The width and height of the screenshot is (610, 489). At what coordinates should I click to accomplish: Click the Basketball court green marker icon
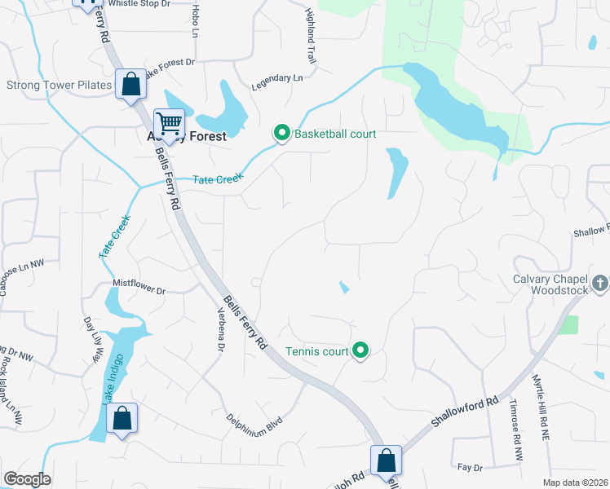click(x=281, y=133)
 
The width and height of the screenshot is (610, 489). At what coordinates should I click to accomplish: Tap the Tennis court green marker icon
click(x=360, y=352)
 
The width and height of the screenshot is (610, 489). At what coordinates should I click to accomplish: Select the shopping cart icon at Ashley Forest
click(x=169, y=124)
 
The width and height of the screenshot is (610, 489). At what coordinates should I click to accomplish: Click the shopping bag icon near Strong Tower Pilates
click(x=130, y=83)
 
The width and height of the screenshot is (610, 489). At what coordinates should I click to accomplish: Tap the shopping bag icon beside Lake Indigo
click(x=122, y=419)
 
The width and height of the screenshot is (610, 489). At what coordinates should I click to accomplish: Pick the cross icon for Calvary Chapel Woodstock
click(x=599, y=284)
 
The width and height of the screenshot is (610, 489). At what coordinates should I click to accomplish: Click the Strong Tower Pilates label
click(x=60, y=86)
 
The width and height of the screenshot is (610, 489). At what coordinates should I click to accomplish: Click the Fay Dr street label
click(x=471, y=468)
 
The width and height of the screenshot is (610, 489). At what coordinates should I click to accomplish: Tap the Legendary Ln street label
click(x=277, y=79)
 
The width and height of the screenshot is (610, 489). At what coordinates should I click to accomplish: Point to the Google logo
click(x=27, y=479)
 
